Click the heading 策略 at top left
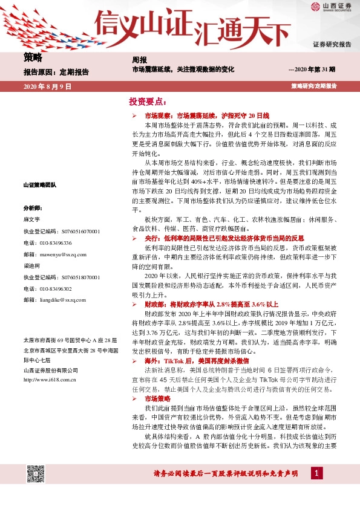[x=33, y=57]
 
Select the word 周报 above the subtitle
[x=140, y=60]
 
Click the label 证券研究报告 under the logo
[x=332, y=45]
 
